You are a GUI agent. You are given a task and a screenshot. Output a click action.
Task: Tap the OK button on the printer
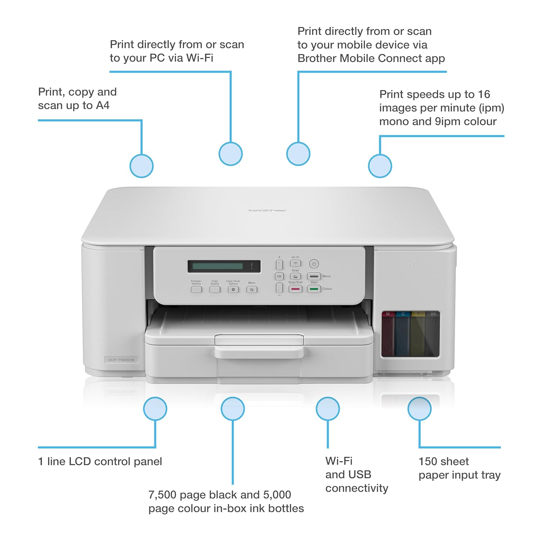(279, 276)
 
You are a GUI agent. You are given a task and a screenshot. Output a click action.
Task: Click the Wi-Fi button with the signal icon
(296, 264)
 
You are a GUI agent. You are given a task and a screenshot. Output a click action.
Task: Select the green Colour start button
(314, 289)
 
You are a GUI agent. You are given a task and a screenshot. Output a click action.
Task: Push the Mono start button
(314, 276)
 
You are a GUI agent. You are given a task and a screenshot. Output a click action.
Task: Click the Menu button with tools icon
(252, 289)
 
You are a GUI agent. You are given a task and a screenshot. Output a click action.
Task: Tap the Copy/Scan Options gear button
(233, 289)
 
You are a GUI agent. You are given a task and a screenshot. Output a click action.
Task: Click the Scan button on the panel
(296, 276)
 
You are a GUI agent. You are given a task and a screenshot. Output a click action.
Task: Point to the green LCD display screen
(218, 266)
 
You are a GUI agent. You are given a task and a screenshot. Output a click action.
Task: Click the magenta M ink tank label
(388, 314)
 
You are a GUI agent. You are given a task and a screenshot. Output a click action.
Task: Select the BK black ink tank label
(433, 314)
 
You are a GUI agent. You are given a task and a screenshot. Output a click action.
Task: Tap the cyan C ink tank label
(403, 314)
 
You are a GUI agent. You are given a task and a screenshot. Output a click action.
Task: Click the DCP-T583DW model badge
(121, 360)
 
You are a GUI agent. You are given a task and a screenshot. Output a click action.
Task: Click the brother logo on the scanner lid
(267, 210)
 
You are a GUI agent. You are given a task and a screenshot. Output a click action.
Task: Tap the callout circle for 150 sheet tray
(419, 409)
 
